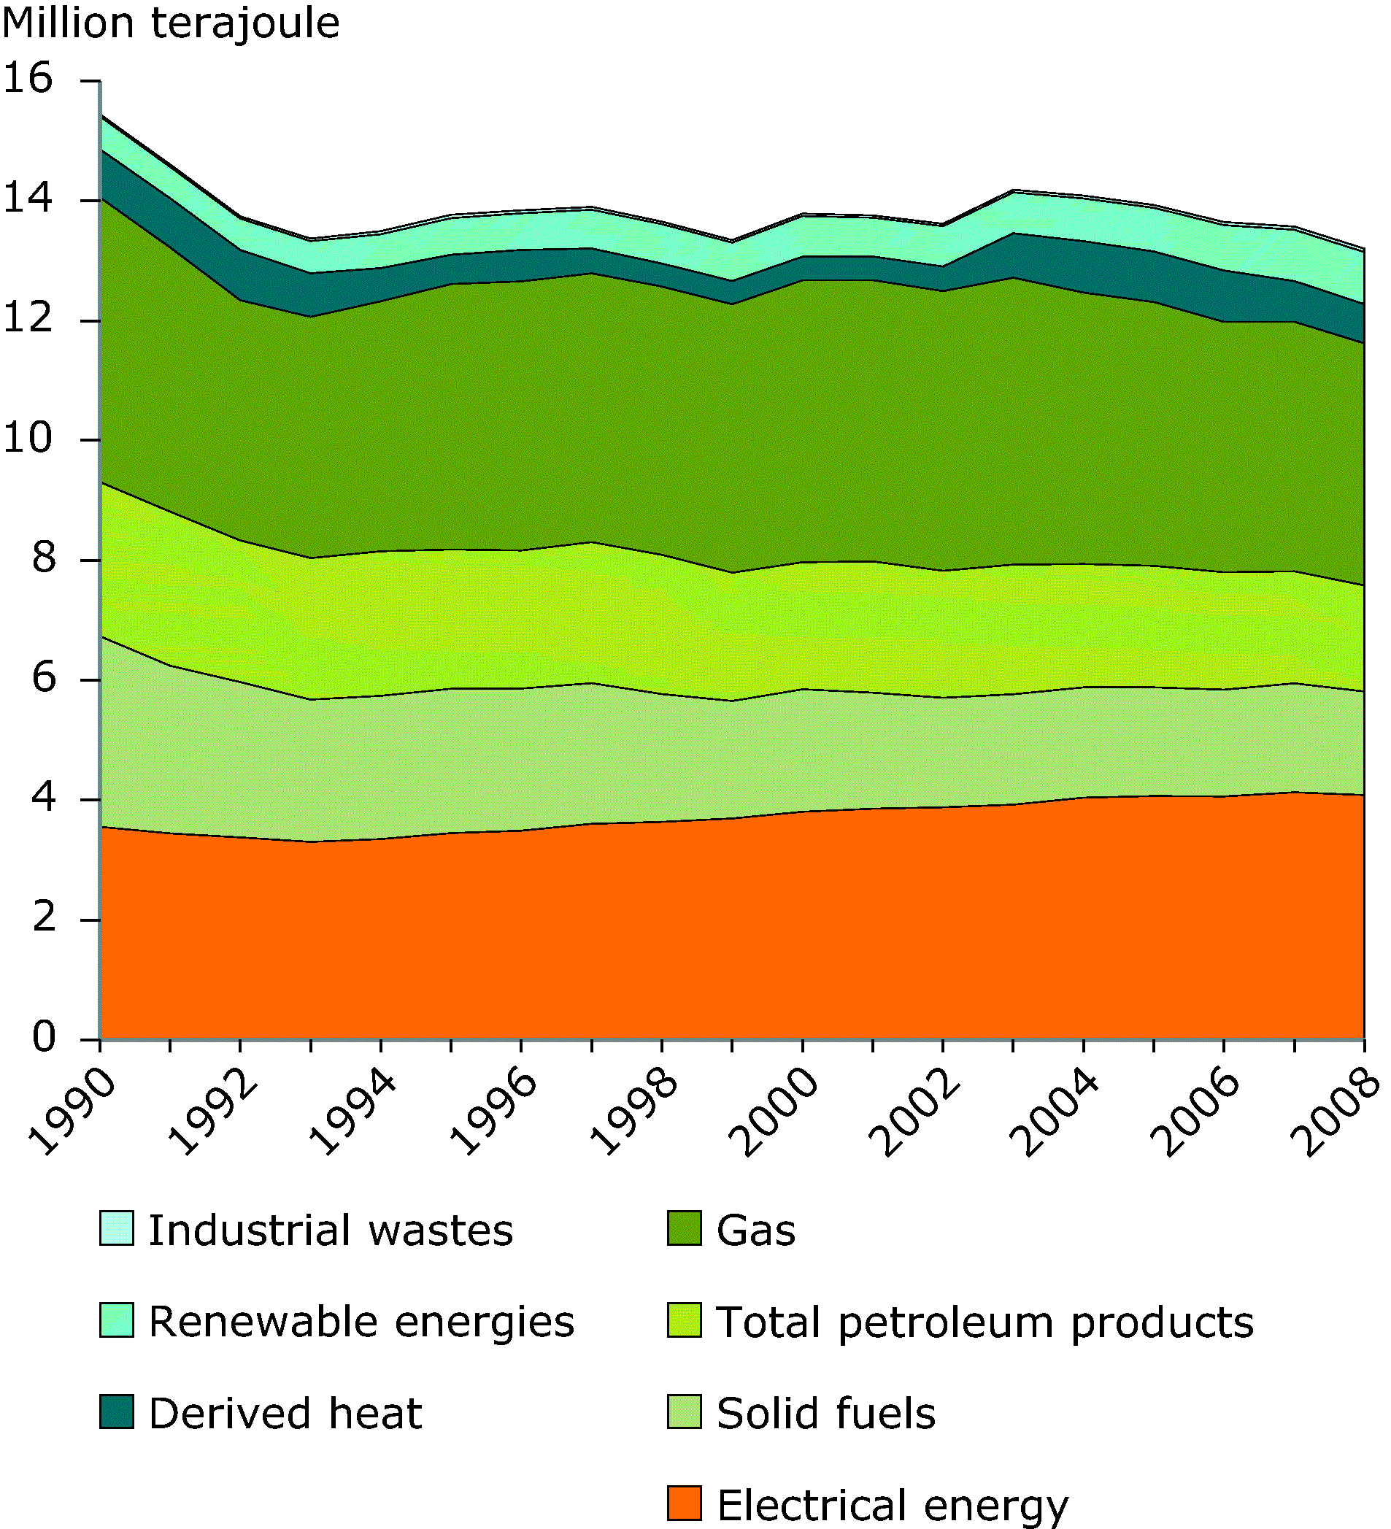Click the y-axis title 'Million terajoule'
tap(171, 23)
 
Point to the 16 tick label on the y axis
tap(28, 79)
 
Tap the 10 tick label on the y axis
tap(28, 439)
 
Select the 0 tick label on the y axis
tap(43, 1037)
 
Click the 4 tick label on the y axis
tap(43, 798)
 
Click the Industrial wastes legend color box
tap(117, 1228)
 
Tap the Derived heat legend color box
tap(117, 1411)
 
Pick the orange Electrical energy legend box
tap(684, 1503)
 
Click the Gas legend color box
tap(684, 1228)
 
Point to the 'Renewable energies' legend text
tap(362, 1322)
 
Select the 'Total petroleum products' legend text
tap(985, 1322)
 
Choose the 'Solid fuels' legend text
tap(826, 1413)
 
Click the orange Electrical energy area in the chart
tap(728, 933)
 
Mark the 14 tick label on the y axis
tap(28, 199)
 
